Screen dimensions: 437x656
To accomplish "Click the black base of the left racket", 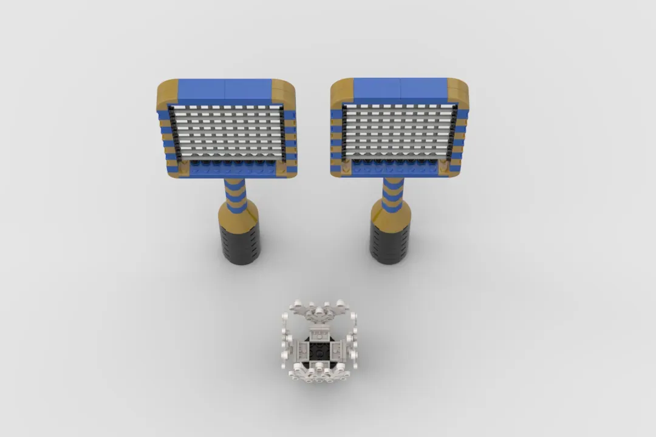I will (x=242, y=243).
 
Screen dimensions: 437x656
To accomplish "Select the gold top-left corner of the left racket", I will (x=167, y=92).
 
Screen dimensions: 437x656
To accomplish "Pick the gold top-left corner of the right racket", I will (x=341, y=90).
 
